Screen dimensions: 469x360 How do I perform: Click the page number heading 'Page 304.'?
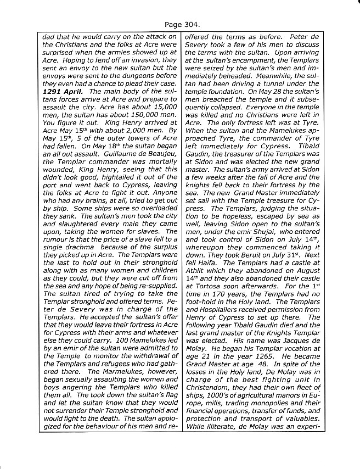pyautogui.click(x=181, y=24)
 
